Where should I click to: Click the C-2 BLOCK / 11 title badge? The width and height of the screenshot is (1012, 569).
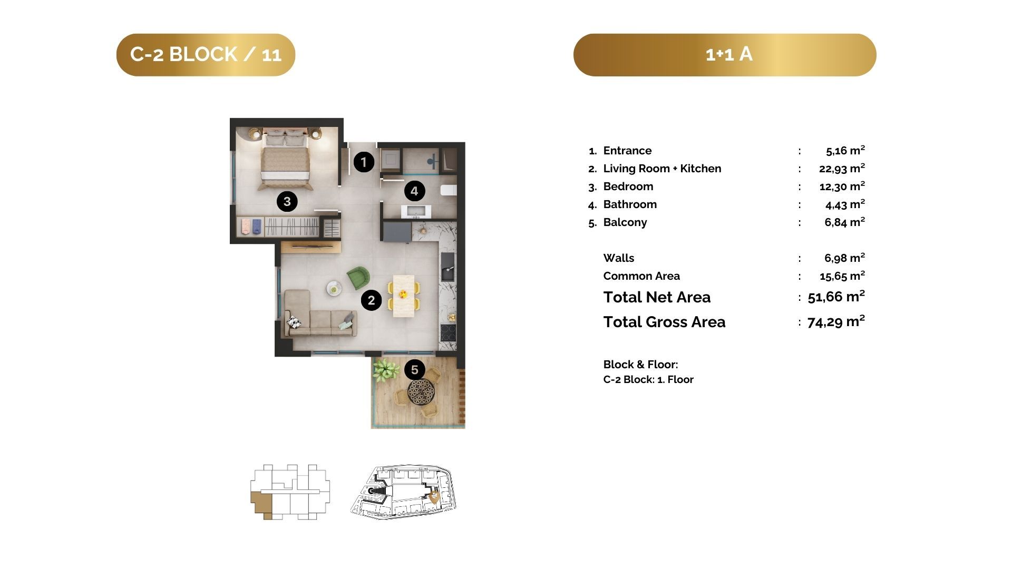point(206,55)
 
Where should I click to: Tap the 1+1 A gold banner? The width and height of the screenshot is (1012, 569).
point(725,55)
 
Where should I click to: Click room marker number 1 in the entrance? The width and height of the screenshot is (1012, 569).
point(364,162)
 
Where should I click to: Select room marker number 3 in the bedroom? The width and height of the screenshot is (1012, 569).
point(287,201)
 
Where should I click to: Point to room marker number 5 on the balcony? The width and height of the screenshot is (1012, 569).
point(415,370)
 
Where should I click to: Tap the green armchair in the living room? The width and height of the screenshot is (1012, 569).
point(358,278)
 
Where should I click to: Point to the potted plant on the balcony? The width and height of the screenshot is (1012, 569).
point(386,369)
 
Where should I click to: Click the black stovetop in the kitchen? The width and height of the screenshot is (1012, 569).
point(448,332)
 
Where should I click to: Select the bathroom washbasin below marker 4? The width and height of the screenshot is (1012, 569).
point(416,212)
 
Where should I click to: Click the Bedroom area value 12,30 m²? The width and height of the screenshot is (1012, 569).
point(842,186)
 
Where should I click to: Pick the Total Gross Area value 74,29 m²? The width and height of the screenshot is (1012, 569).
point(836,321)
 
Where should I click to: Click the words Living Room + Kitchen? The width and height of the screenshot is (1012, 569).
point(662,169)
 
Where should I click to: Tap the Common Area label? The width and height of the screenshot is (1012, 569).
point(641,276)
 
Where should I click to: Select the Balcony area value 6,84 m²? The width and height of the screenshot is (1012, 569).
point(845,222)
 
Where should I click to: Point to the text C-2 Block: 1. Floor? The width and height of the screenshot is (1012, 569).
point(648,379)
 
